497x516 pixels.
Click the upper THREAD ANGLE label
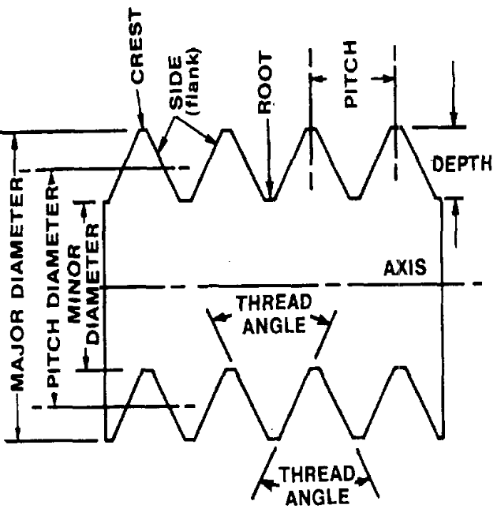click(271, 315)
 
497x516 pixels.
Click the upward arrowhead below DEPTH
click(455, 204)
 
